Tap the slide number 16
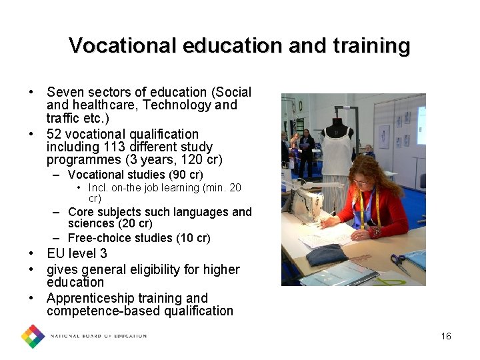coord(446,336)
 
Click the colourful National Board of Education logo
coord(32,336)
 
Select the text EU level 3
coord(77,254)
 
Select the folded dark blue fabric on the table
coord(327,254)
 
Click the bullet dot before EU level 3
coord(32,254)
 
